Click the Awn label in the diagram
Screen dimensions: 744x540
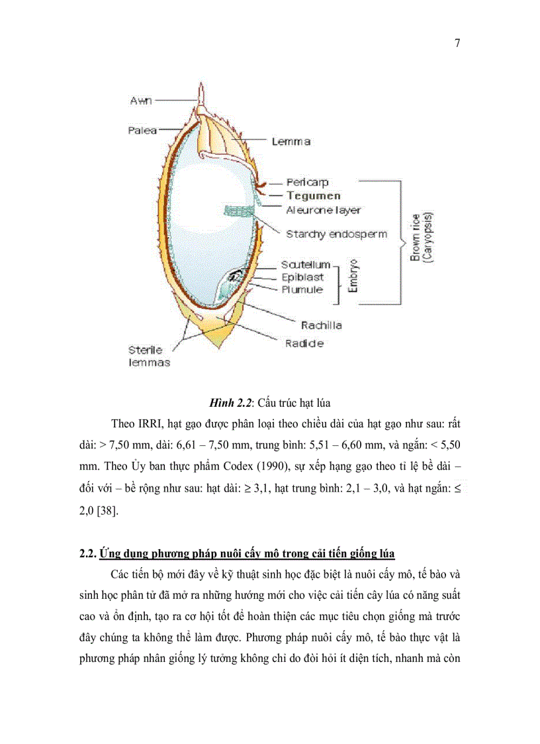[x=141, y=100]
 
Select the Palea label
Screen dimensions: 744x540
[x=142, y=131]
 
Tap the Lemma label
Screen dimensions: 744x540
[x=291, y=142]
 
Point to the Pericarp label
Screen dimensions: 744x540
[x=307, y=182]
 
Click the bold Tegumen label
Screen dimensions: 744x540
[x=314, y=196]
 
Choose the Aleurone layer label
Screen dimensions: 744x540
[x=323, y=210]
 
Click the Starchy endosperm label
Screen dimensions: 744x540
[x=336, y=234]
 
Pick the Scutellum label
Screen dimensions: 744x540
[x=305, y=264]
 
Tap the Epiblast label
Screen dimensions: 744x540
[x=302, y=277]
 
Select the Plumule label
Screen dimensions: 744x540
[x=302, y=290]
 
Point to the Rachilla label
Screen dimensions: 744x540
[x=321, y=325]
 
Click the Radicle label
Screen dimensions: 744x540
[x=304, y=343]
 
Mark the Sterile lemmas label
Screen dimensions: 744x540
[x=149, y=356]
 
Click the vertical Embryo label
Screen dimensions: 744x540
[x=353, y=276]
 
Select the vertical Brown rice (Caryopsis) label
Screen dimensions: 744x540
[x=420, y=237]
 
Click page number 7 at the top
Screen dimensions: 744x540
[x=457, y=44]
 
